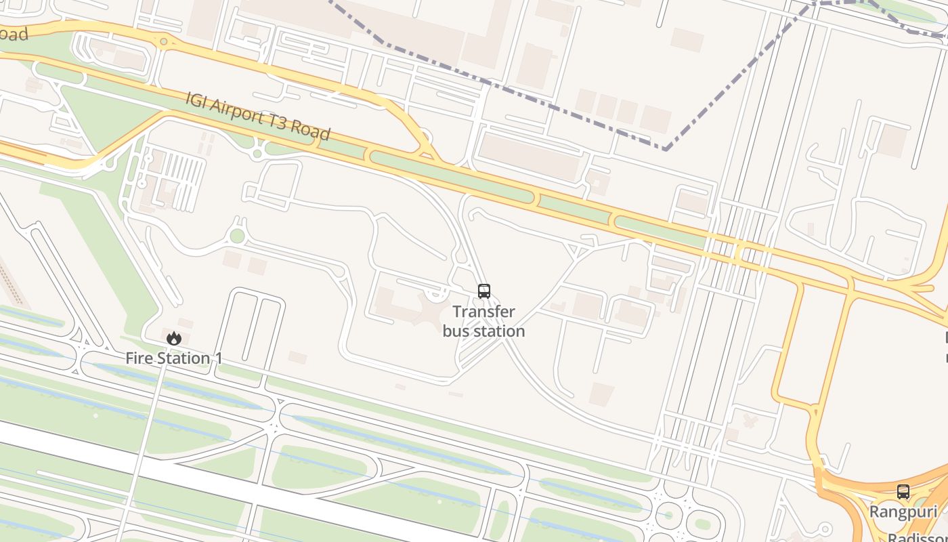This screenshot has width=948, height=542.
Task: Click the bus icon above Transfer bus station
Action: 483,291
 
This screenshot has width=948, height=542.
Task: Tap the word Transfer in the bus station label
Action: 483,312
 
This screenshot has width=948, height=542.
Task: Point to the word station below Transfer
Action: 500,331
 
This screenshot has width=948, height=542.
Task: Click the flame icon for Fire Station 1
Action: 174,337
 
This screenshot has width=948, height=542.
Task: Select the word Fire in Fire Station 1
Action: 138,358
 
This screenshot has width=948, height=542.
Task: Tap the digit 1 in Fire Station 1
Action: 218,358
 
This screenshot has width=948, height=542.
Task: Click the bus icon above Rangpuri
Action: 903,492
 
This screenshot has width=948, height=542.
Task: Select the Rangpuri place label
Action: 903,512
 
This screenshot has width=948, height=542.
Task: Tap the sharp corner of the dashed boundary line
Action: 667,148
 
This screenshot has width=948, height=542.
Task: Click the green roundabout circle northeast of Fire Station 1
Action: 237,236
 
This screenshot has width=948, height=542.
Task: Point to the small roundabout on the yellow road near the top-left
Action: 163,42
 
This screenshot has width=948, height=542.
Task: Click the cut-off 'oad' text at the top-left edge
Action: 14,34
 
